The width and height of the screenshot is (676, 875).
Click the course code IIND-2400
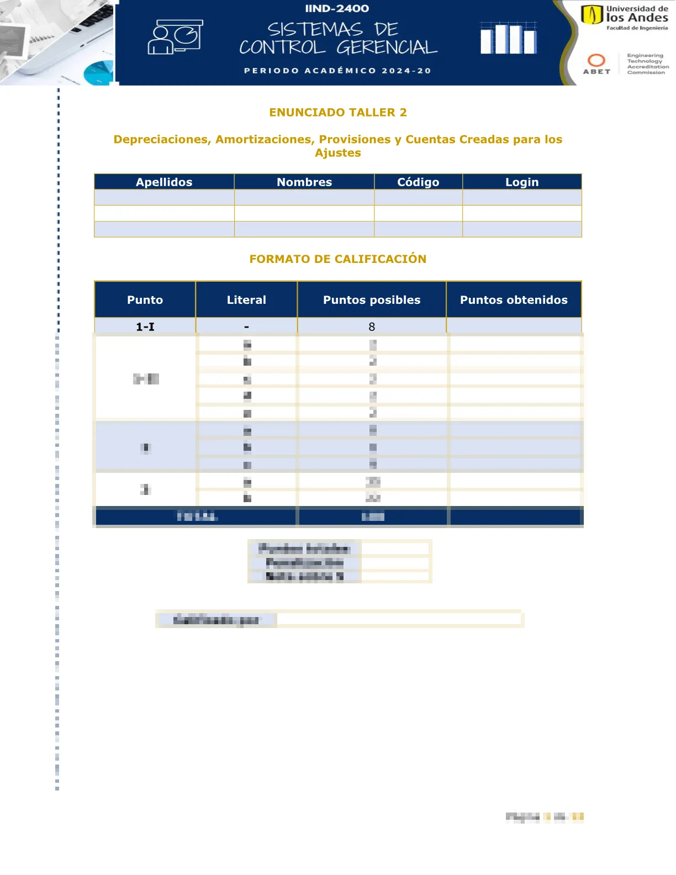click(x=337, y=9)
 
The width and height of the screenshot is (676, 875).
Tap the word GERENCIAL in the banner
click(x=387, y=48)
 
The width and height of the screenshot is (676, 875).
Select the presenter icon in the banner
click(x=175, y=37)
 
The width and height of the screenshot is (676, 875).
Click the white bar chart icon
click(x=508, y=38)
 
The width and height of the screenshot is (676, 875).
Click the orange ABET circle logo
click(x=596, y=61)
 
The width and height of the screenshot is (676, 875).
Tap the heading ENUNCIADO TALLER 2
click(x=338, y=113)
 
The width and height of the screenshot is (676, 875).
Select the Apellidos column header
click(x=164, y=182)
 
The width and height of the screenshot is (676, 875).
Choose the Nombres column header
click(x=304, y=182)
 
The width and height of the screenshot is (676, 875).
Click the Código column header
click(x=418, y=182)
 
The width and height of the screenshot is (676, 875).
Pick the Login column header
click(x=522, y=182)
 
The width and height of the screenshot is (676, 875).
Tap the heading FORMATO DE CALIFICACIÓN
click(x=338, y=259)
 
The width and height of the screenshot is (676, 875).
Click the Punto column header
click(x=145, y=300)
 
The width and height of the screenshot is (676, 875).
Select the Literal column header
click(x=246, y=300)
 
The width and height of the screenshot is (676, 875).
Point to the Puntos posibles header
click(x=372, y=300)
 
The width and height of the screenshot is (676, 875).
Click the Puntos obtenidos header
click(x=514, y=300)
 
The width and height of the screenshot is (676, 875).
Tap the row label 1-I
click(x=145, y=327)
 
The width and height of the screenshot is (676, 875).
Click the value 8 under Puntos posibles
click(x=372, y=327)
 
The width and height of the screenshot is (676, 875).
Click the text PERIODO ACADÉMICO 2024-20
click(x=337, y=71)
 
